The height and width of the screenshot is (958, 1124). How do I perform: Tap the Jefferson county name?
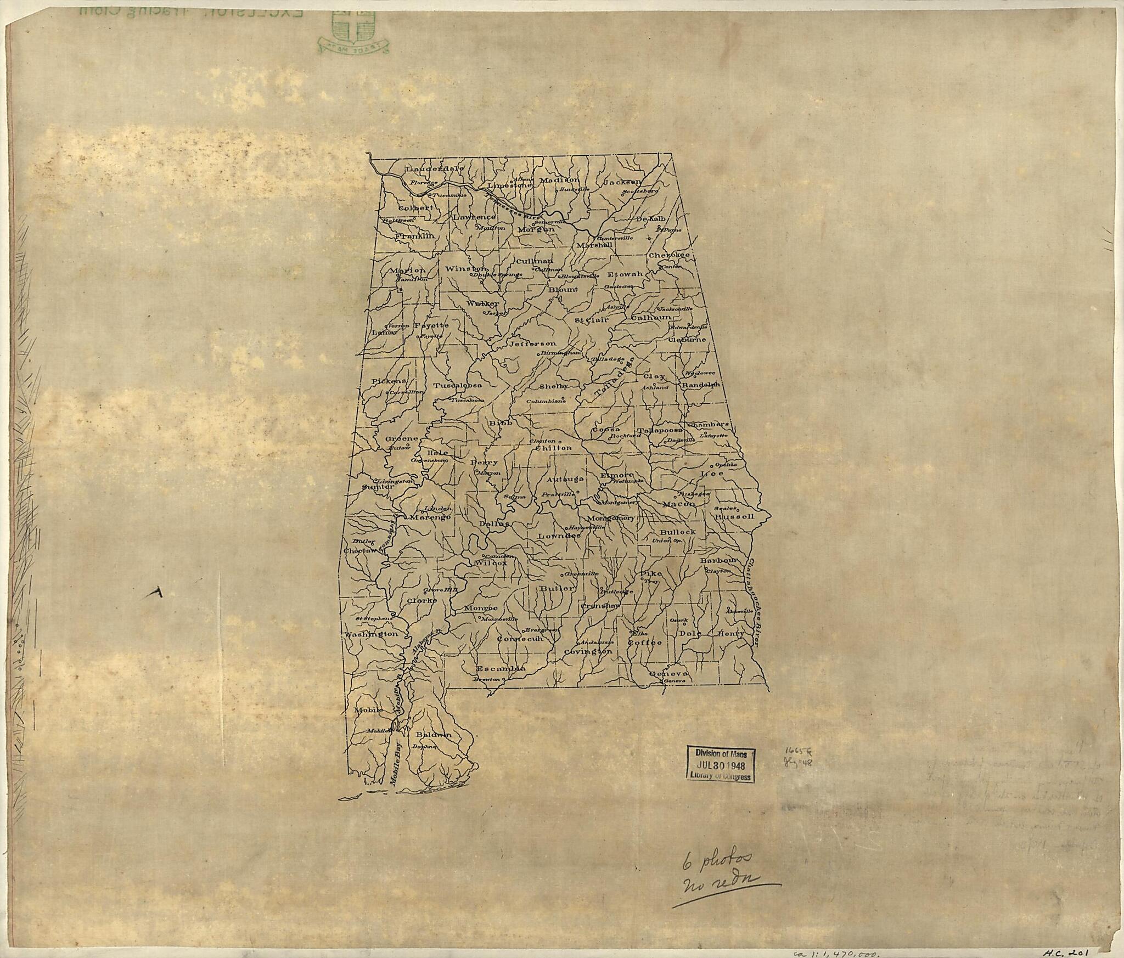point(532,343)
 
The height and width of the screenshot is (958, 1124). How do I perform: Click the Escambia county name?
point(501,669)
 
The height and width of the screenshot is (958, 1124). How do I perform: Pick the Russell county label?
point(734,516)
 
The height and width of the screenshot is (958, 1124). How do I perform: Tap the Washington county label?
point(370,634)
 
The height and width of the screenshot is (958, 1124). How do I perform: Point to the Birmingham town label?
point(560,353)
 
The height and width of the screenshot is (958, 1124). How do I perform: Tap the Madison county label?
point(559,179)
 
